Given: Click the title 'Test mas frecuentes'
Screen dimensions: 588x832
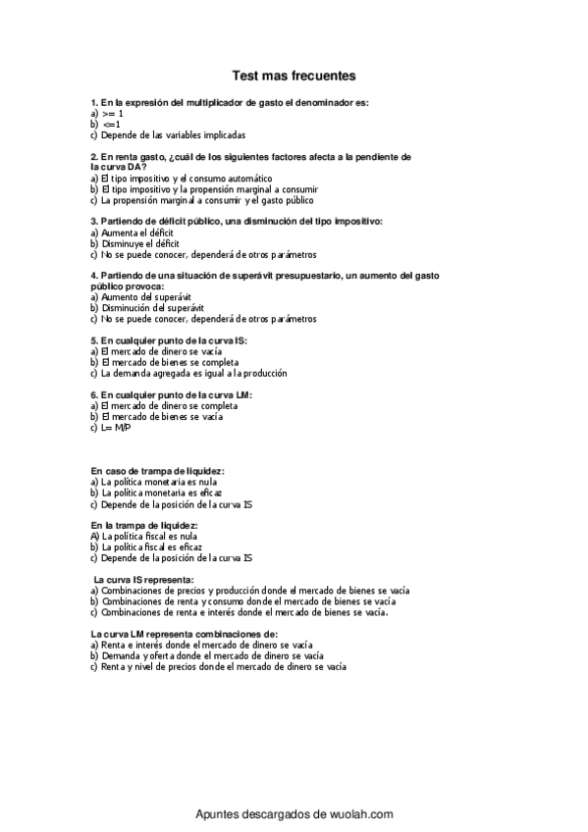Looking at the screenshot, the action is coord(294,75).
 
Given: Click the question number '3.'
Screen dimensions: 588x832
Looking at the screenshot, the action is coord(93,221).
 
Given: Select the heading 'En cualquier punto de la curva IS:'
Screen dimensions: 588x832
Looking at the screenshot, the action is coord(168,339).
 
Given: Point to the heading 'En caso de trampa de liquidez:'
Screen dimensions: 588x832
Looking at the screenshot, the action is coord(157,472).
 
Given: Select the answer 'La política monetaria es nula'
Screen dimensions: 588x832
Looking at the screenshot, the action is coord(157,483).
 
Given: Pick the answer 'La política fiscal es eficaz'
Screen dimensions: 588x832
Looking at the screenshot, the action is coord(152,547).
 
